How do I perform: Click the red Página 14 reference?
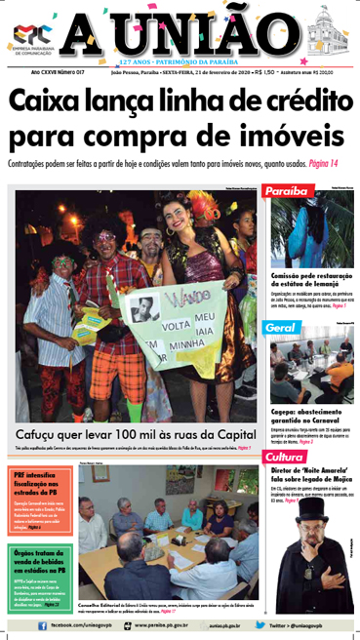[x=318, y=163]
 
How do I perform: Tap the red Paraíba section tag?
[x=286, y=191]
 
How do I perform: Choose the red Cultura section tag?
[x=285, y=457]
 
